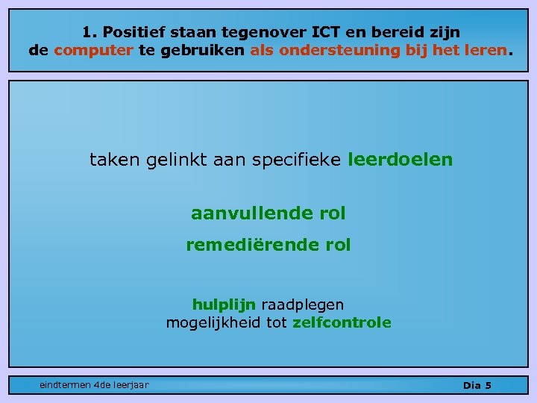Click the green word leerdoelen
pos(400,160)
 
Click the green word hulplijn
pos(224,304)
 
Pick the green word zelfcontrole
pos(342,322)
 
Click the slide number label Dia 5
pos(477,385)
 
